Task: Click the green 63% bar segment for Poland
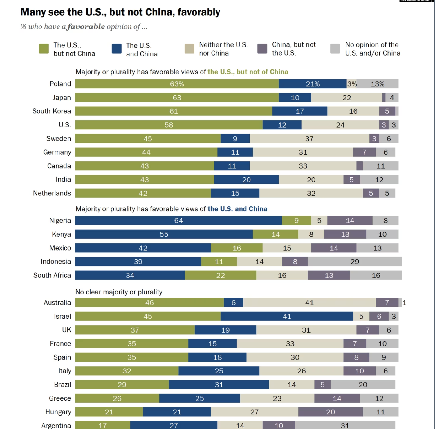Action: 177,84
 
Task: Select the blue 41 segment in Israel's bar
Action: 287,316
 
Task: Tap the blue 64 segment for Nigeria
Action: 178,221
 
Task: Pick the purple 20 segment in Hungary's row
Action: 330,412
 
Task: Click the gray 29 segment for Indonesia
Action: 355,262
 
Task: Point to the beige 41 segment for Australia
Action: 309,303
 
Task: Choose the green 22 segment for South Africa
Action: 221,275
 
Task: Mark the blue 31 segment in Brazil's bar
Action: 219,385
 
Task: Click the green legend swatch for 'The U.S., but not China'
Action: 44,49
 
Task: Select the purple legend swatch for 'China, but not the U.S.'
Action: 262,49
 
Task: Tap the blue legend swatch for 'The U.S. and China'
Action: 117,49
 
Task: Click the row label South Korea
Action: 52,111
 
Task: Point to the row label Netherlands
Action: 52,193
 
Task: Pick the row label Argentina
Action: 56,426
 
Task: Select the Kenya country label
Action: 61,234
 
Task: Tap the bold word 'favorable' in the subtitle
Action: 86,27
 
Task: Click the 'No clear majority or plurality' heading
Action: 119,292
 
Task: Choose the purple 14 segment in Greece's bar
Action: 337,398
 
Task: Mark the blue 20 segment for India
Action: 246,180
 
